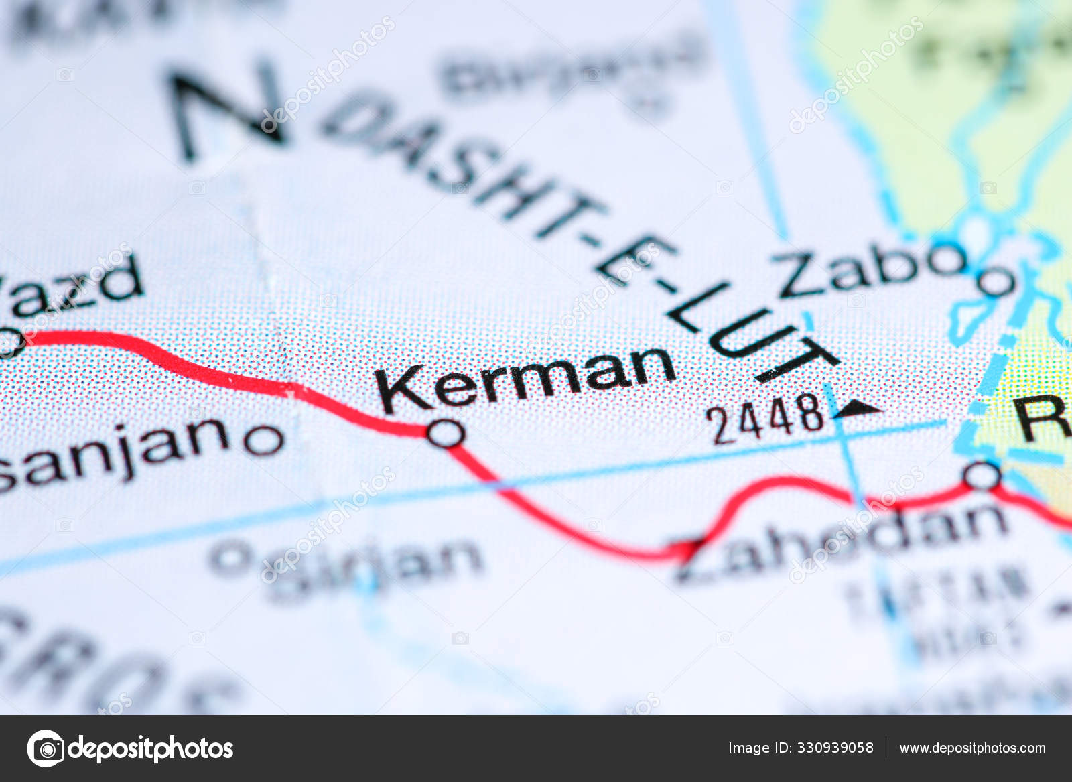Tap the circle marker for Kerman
(x=446, y=433)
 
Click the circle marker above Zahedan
(x=982, y=476)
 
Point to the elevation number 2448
(x=768, y=418)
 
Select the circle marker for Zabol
(x=996, y=281)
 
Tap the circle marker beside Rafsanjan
(x=263, y=440)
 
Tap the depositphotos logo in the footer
(x=130, y=748)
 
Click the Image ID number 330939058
(x=833, y=748)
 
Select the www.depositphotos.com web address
(x=972, y=748)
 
